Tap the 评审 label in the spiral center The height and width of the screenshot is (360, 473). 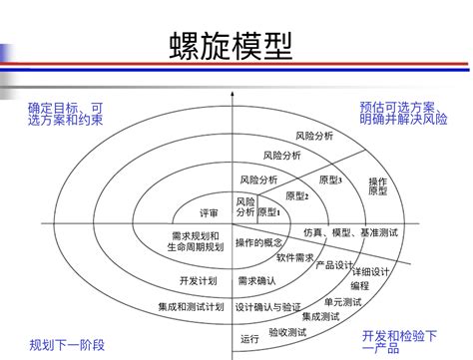coord(210,212)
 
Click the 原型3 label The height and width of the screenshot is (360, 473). coord(330,180)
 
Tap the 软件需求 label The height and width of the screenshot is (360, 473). coord(297,257)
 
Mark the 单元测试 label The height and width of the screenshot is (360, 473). coord(342,301)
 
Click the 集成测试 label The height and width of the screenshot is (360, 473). coord(321,316)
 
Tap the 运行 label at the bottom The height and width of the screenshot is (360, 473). coord(249,340)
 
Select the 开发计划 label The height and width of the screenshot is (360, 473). coord(198,280)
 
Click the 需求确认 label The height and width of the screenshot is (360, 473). coord(256,281)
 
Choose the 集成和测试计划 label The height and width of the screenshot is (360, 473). coord(190,306)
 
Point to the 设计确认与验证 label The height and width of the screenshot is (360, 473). coord(269,307)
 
